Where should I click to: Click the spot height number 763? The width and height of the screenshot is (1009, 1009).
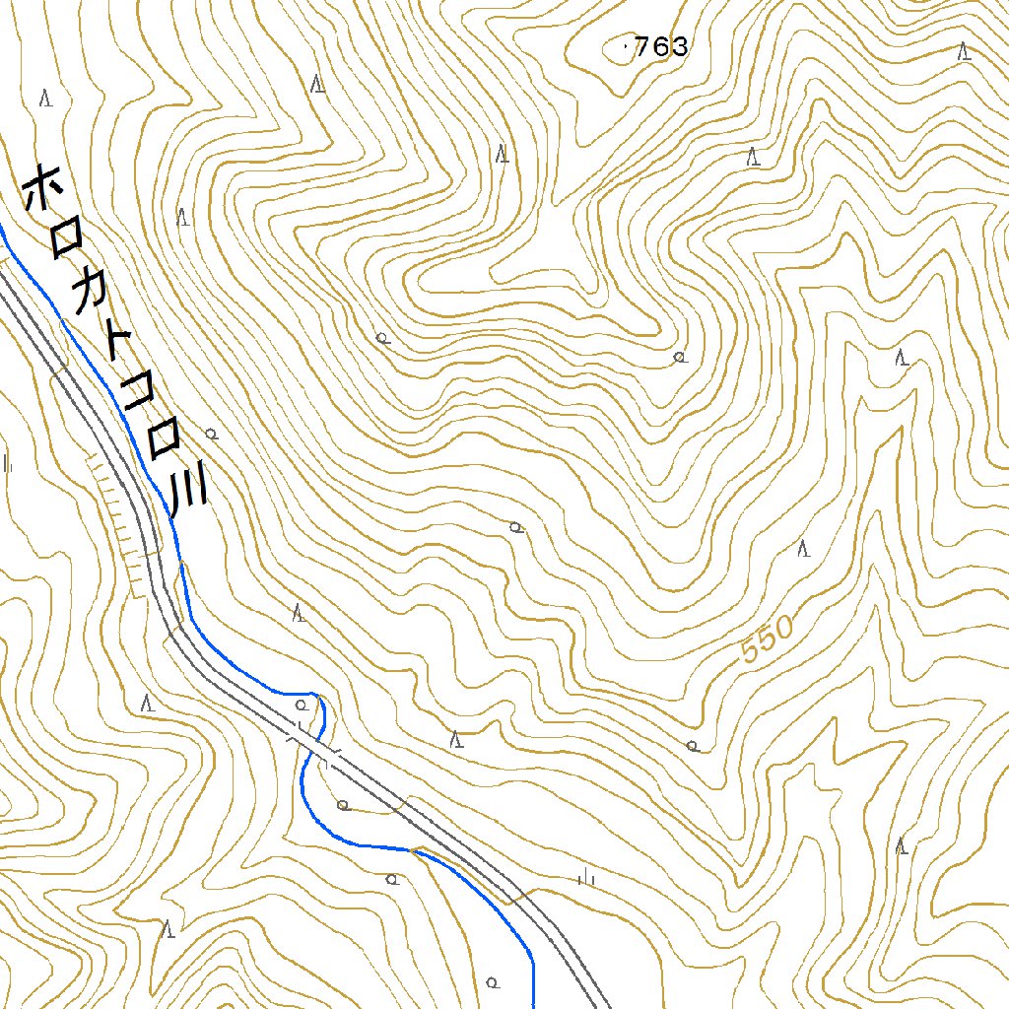pos(661,46)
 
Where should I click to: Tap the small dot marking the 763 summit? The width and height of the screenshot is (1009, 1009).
pos(628,44)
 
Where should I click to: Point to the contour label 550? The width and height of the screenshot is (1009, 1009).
pos(768,639)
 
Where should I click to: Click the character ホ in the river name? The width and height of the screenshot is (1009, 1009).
pos(42,188)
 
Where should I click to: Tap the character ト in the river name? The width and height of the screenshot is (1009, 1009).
pos(118,344)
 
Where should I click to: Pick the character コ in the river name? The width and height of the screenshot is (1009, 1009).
pos(139,393)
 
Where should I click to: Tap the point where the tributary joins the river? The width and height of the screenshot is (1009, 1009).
pos(412,848)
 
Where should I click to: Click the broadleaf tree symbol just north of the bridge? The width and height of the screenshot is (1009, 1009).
pos(302,706)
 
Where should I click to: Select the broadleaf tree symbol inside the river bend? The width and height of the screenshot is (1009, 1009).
pos(343,805)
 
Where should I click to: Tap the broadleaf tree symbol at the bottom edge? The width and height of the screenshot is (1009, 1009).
pos(492,981)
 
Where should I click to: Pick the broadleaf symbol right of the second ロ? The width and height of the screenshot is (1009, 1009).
pos(211,434)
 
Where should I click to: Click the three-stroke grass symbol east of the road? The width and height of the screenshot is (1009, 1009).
pos(587,876)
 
